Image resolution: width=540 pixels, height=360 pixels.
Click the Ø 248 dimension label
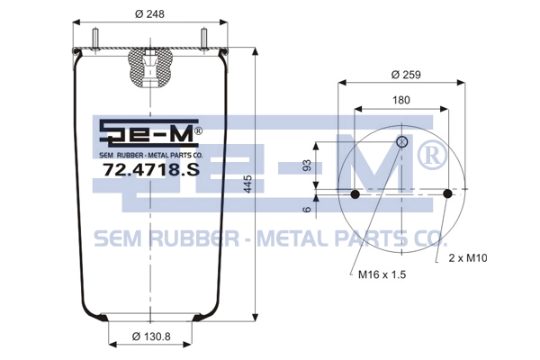(149, 13)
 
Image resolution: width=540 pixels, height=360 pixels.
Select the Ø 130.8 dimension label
(151, 336)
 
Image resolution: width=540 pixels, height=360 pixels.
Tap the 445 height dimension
(247, 184)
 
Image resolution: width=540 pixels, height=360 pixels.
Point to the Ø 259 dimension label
(406, 75)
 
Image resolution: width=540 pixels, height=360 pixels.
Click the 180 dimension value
(401, 100)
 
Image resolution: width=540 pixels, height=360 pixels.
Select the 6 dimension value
(308, 209)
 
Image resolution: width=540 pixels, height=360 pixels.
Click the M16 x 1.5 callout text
(382, 274)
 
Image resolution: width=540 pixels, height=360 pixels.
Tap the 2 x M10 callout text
(468, 257)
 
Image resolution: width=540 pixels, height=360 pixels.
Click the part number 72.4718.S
(151, 169)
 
